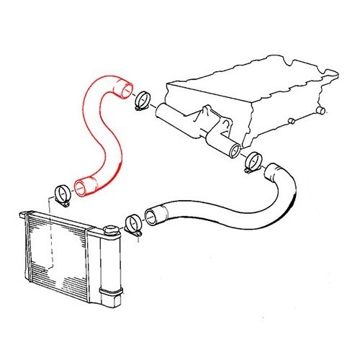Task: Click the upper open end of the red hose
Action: [125, 91]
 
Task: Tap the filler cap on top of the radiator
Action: [111, 230]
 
